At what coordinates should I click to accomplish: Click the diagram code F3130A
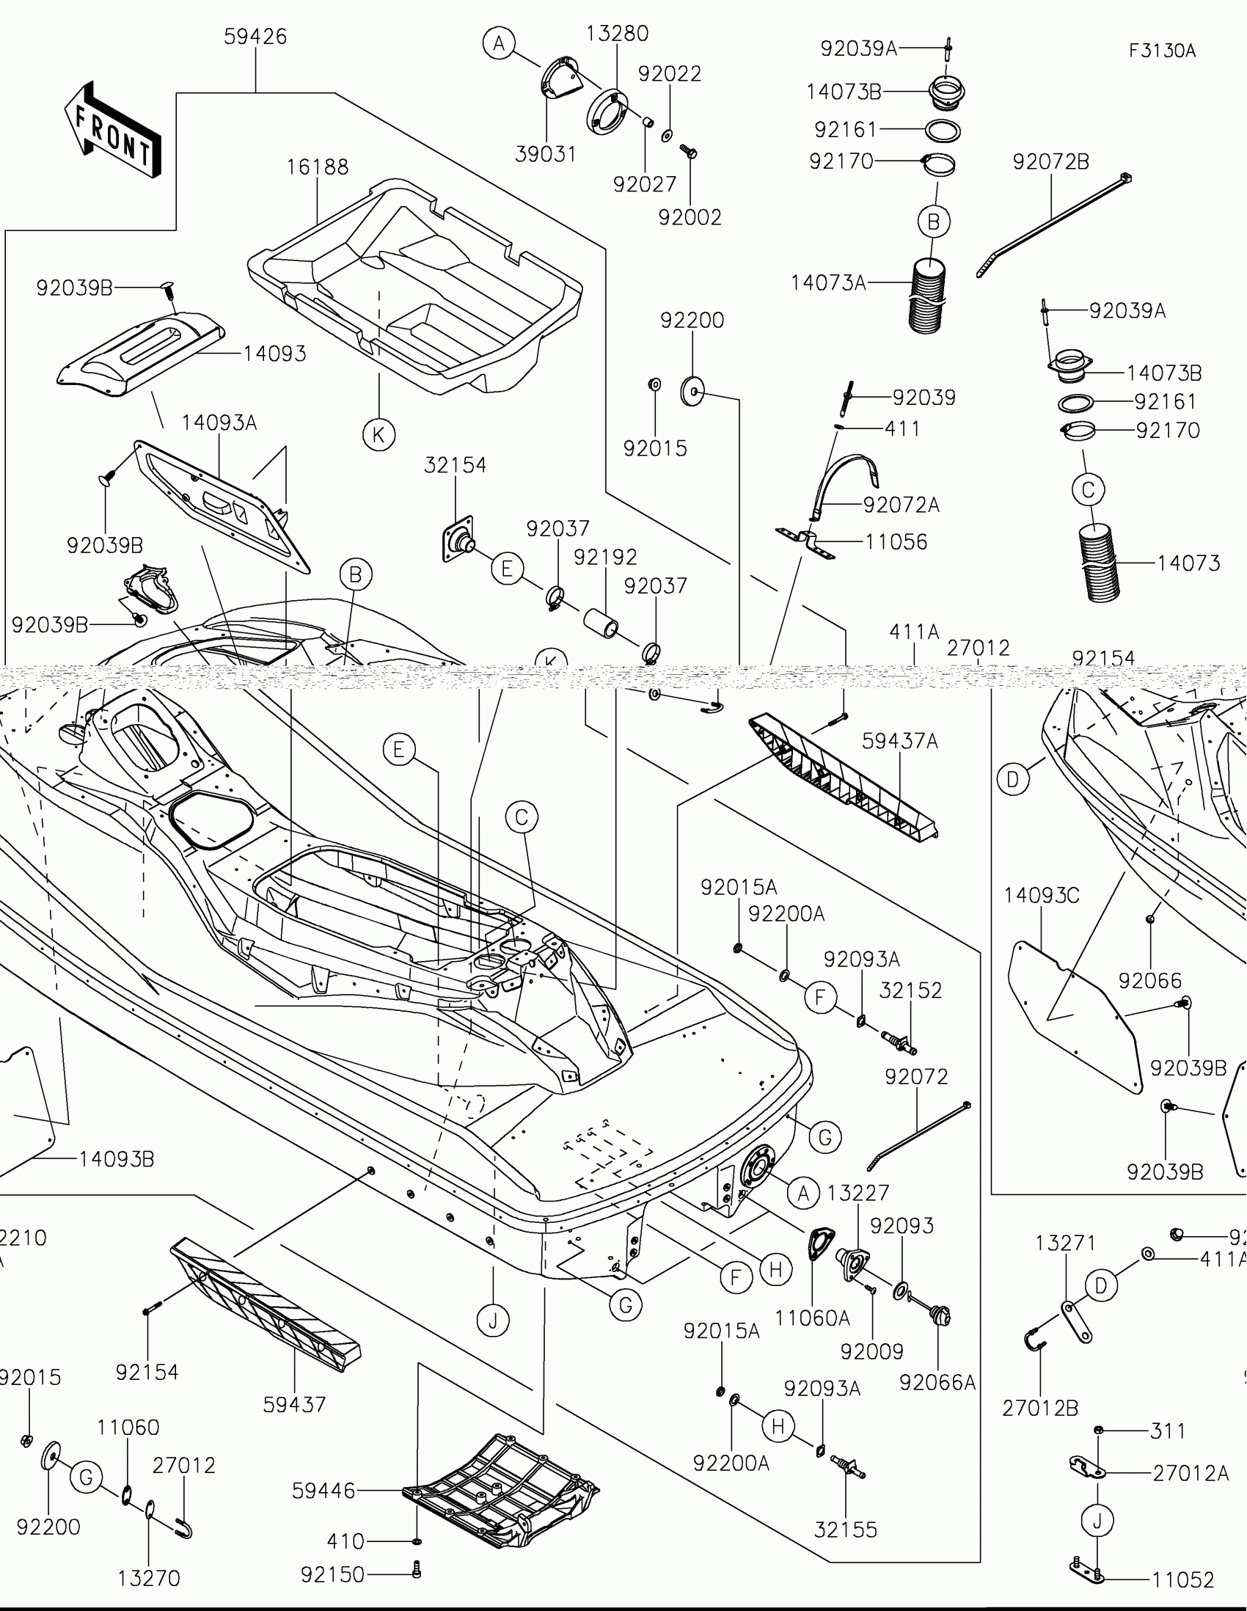[x=1161, y=51]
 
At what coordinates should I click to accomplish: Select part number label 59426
[x=255, y=37]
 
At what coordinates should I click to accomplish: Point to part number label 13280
[x=617, y=34]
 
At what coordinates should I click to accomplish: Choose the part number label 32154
[x=455, y=465]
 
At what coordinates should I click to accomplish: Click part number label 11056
[x=896, y=542]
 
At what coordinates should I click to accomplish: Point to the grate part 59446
[x=502, y=1490]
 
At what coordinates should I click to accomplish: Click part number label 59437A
[x=899, y=742]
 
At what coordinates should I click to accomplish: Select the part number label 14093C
[x=1042, y=896]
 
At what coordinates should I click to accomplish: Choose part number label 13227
[x=857, y=1193]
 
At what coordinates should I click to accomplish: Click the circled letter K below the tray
[x=379, y=434]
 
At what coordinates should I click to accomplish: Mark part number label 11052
[x=1183, y=1580]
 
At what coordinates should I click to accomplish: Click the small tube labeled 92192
[x=601, y=623]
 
